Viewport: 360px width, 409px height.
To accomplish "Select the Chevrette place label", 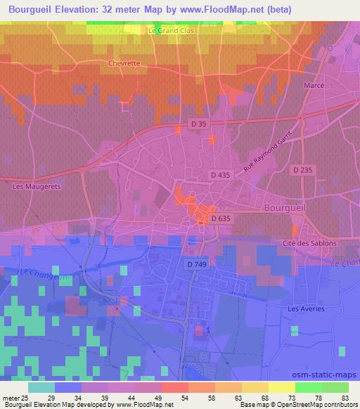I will tap(125, 63).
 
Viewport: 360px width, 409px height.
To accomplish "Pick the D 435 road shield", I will tap(219, 173).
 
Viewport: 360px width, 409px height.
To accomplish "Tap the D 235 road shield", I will tap(303, 169).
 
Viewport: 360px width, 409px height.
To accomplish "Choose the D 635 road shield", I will tap(220, 219).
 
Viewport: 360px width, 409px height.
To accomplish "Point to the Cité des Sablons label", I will tap(310, 243).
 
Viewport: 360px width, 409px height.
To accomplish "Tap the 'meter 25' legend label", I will tap(15, 398).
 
